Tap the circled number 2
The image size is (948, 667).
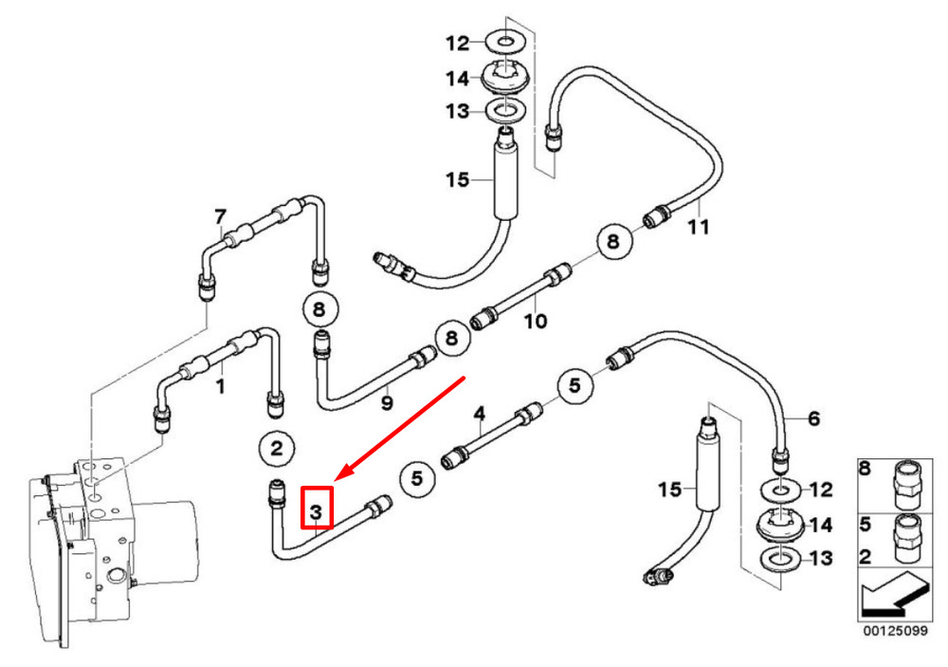[277, 449]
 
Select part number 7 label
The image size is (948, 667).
[220, 216]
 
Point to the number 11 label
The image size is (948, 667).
[699, 228]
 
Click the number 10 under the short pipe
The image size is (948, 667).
[536, 321]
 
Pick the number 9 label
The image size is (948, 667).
[387, 402]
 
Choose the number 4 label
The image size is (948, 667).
[480, 414]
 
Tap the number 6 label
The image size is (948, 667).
[813, 418]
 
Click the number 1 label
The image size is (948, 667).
[221, 386]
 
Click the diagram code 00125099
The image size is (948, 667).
[895, 631]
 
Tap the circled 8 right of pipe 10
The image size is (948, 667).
[613, 241]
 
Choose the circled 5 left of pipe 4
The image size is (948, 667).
[417, 479]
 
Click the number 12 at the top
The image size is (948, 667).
[458, 44]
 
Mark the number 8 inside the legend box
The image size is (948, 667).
[866, 469]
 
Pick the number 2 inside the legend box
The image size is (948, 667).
[866, 557]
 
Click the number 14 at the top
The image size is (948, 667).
[458, 79]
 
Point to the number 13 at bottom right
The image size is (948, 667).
[821, 558]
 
